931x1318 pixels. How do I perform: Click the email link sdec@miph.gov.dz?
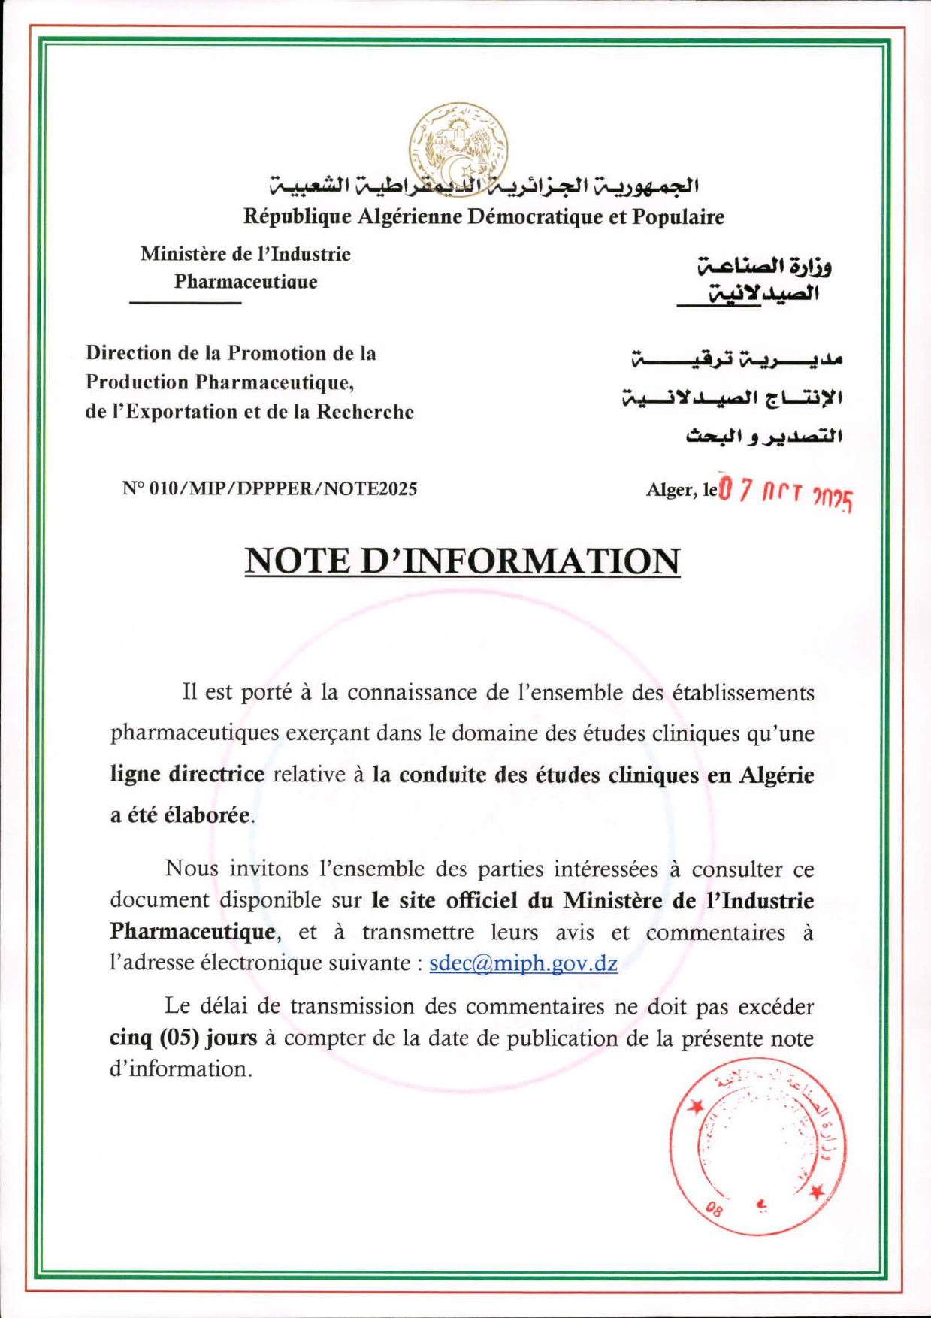click(523, 963)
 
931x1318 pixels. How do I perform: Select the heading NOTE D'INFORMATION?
click(462, 561)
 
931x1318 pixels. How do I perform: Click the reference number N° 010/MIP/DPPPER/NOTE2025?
click(270, 489)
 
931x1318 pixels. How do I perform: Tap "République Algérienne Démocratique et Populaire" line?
click(483, 217)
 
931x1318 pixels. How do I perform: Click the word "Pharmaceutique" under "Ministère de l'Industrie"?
click(246, 283)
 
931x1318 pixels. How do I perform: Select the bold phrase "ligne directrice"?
click(187, 775)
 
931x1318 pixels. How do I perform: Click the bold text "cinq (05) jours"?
click(183, 1038)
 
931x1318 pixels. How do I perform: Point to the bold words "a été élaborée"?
click(180, 815)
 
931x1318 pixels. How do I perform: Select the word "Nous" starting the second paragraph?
click(192, 869)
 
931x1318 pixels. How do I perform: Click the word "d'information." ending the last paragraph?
click(181, 1069)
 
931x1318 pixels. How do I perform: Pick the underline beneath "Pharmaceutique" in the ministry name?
click(185, 302)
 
